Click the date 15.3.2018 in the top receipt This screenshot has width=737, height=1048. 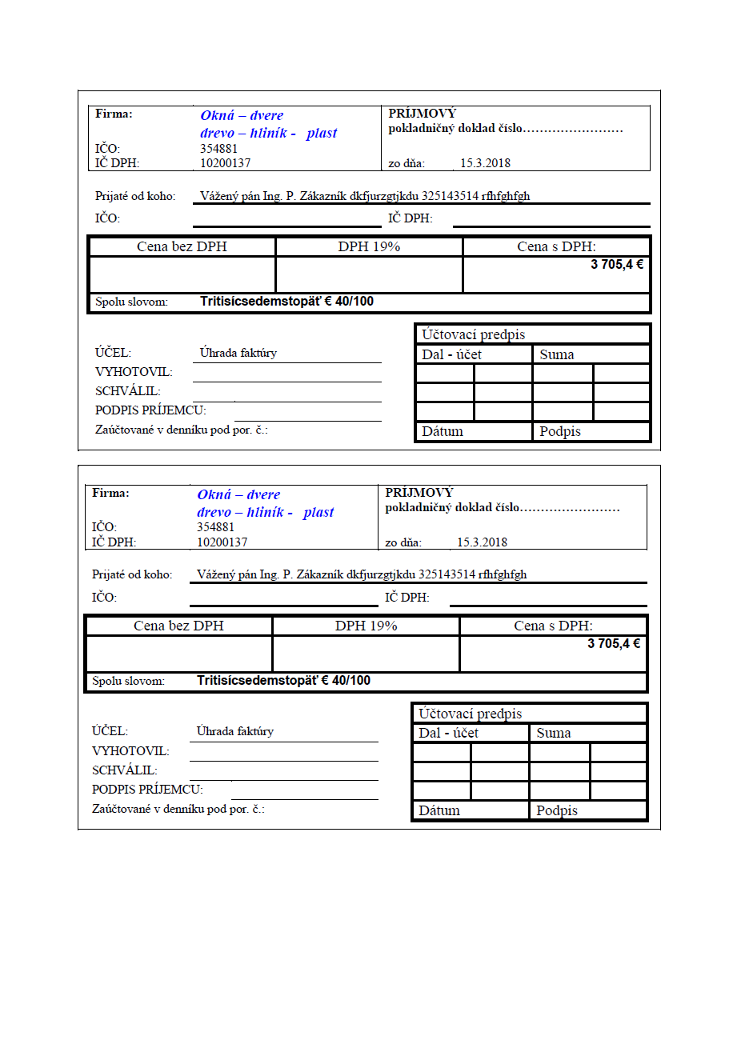pyautogui.click(x=485, y=163)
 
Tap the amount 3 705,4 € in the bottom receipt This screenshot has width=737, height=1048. pyautogui.click(x=614, y=643)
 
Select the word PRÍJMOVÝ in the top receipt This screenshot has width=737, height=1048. pyautogui.click(x=422, y=114)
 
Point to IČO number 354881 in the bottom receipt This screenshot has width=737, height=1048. pyautogui.click(x=215, y=527)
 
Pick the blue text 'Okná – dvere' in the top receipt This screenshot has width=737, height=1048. pyautogui.click(x=242, y=115)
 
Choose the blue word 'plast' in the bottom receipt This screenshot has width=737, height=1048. pyautogui.click(x=318, y=512)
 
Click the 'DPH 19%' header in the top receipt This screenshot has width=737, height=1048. pyautogui.click(x=369, y=246)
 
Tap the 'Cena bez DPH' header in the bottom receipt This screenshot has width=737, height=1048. pyautogui.click(x=178, y=626)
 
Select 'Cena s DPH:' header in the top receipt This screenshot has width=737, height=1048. pyautogui.click(x=556, y=246)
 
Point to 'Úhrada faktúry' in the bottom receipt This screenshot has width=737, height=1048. pyautogui.click(x=235, y=731)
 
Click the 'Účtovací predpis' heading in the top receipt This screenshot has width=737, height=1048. pyautogui.click(x=473, y=334)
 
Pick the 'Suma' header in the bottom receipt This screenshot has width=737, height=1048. pyautogui.click(x=554, y=733)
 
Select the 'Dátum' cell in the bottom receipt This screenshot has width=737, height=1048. pyautogui.click(x=439, y=810)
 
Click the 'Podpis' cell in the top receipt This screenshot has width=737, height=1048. pyautogui.click(x=560, y=431)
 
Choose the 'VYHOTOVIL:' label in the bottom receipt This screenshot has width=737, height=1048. pyautogui.click(x=130, y=751)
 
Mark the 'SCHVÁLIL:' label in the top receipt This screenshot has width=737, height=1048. pyautogui.click(x=128, y=391)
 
